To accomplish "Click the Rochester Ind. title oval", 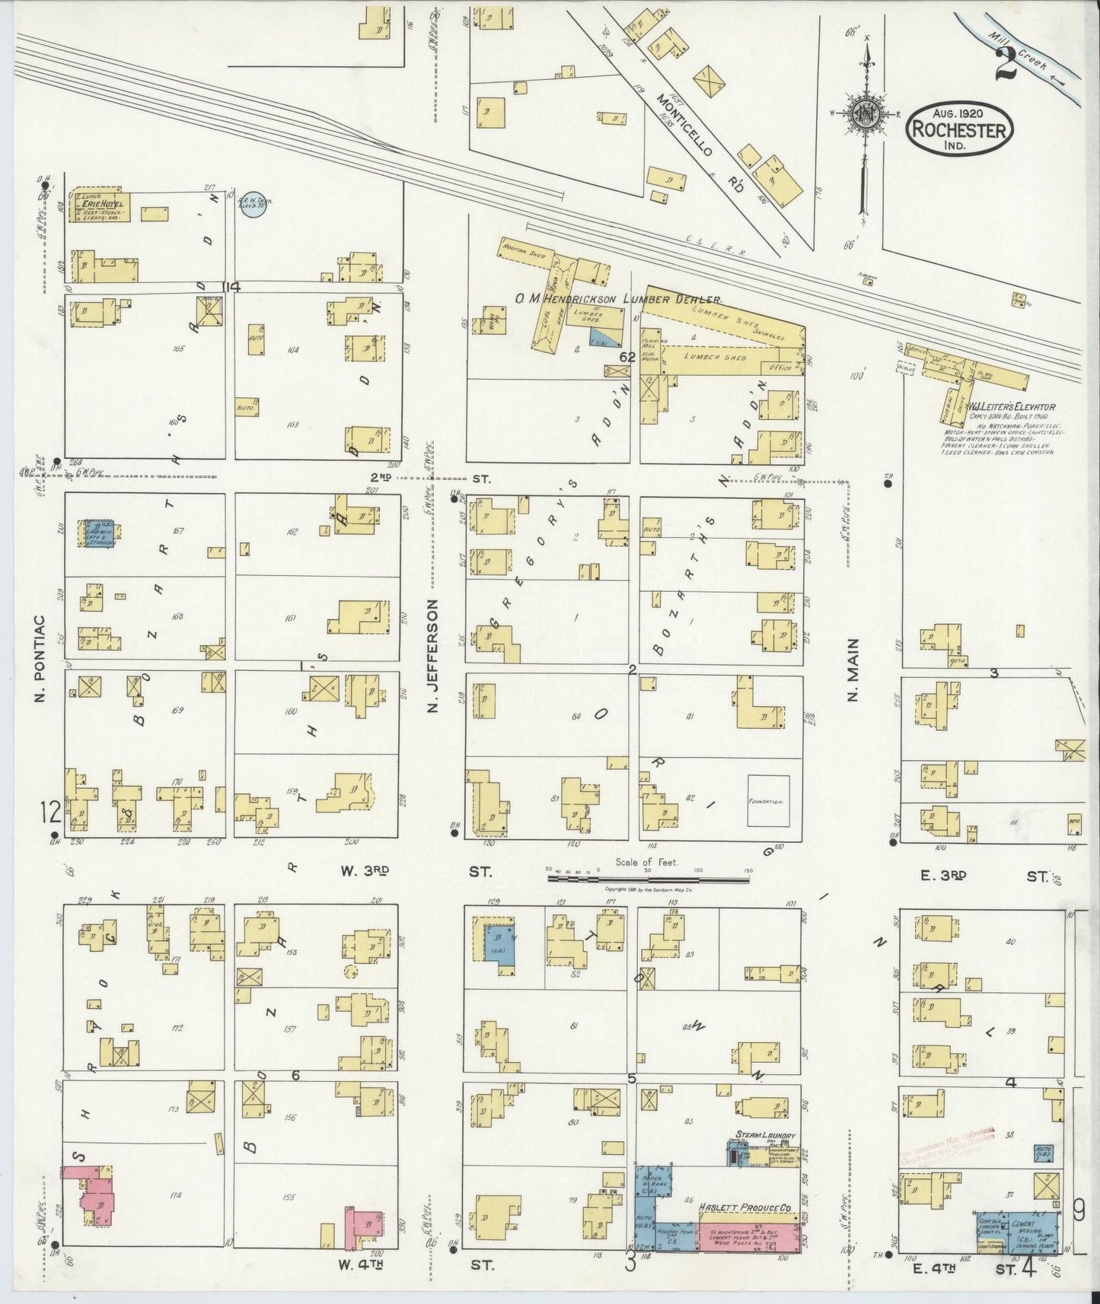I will [959, 131].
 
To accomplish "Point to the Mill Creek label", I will [1028, 52].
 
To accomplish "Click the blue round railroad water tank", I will [252, 203].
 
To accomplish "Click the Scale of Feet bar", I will [648, 879].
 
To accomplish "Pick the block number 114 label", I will [230, 286].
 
